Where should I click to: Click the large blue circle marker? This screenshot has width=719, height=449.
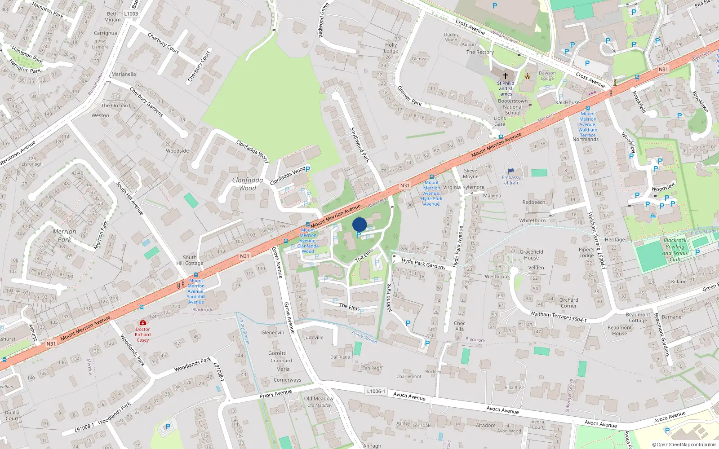[359, 224]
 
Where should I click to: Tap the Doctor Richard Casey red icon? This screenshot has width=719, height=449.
[143, 322]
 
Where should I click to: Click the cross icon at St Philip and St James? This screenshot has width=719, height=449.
[505, 76]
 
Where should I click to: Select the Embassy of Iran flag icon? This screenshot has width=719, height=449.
[511, 171]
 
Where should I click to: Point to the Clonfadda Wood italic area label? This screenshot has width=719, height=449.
[248, 184]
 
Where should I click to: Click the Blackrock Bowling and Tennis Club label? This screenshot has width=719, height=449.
[675, 250]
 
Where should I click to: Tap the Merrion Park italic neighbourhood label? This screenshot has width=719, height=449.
[64, 235]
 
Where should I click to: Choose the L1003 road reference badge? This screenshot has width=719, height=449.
[131, 13]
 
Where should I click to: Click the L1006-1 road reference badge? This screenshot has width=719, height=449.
[376, 391]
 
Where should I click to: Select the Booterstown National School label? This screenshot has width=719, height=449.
[513, 107]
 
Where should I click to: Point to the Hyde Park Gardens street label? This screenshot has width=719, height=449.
[423, 264]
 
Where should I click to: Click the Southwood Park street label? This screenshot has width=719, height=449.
[360, 145]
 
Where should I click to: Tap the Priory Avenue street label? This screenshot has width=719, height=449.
[275, 394]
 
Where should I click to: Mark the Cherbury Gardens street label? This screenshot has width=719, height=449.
[146, 102]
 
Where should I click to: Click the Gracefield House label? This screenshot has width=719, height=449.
[531, 255]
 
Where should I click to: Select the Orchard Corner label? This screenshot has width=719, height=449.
[568, 303]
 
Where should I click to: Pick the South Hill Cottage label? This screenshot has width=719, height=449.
[190, 260]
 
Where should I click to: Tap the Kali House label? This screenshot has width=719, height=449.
[567, 102]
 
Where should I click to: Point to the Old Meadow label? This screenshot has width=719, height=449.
[319, 399]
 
